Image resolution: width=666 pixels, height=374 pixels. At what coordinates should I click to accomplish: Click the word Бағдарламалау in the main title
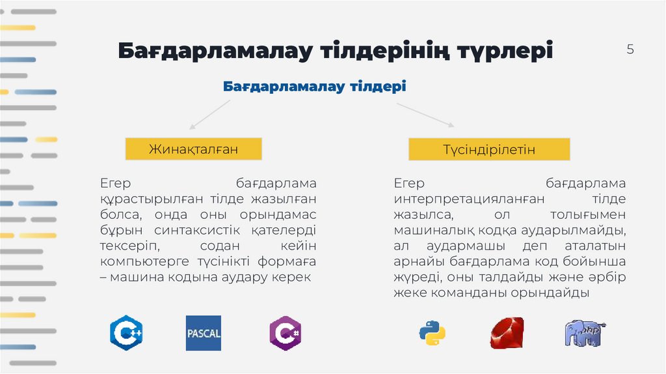point(214,51)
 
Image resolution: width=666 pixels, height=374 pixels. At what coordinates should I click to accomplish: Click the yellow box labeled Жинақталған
point(193,149)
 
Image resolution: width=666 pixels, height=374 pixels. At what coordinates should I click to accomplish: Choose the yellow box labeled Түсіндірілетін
point(489,150)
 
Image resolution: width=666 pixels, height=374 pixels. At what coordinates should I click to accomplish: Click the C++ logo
point(126,333)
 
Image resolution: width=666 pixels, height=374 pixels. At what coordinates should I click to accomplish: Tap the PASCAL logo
point(204,333)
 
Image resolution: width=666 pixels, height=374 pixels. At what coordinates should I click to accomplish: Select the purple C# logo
point(286,333)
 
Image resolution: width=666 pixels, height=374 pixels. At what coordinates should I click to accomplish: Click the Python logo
point(432,333)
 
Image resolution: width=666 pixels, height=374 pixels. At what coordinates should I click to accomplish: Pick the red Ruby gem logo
point(507,333)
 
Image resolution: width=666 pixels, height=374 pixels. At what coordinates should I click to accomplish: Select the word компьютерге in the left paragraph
point(137,261)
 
